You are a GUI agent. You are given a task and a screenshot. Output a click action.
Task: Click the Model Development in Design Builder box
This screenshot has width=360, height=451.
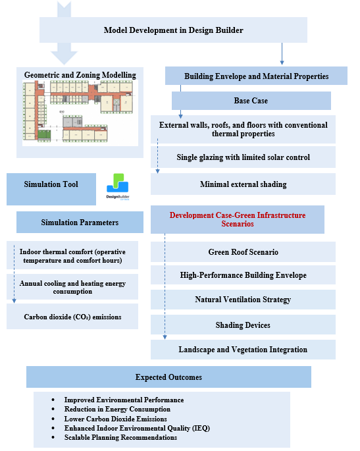coord(173,30)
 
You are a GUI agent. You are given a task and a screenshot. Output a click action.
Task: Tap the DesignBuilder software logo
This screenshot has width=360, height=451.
coord(118,186)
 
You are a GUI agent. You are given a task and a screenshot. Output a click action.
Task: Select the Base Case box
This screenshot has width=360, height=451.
coord(251,101)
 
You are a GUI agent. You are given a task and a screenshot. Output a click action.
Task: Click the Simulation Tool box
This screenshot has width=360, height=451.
coord(51,189)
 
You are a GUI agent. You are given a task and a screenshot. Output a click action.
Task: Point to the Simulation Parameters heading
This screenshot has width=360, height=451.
coord(80,223)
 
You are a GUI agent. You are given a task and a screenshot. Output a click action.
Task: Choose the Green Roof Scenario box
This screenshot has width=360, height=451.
coord(243,252)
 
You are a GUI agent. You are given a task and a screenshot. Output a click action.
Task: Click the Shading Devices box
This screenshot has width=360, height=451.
coord(243,325)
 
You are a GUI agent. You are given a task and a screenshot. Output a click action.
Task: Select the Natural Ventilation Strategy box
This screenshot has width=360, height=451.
coord(243,300)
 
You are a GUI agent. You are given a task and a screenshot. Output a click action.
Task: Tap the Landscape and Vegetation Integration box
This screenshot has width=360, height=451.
coord(243,350)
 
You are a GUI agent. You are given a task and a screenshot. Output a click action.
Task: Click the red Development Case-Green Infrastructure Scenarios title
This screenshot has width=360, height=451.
coord(238,219)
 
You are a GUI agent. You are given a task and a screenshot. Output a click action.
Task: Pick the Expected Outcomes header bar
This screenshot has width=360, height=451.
coord(168,377)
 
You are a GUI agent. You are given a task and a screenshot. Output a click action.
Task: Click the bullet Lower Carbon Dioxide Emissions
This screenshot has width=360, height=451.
coord(115,419)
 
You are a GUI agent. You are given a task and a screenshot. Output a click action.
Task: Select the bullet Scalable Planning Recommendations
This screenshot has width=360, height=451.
coord(120,437)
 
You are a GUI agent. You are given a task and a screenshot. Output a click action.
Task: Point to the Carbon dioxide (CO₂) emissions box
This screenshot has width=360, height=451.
coord(72,317)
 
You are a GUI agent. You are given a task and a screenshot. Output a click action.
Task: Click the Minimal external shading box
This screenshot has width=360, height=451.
coord(243,184)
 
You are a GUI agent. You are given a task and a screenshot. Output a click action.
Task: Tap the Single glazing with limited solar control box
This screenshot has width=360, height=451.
coord(243,157)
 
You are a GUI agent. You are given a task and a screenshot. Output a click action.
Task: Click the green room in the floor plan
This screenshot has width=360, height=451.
coord(44,135)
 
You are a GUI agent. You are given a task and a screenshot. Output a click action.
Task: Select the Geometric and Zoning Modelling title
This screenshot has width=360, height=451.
coord(80,75)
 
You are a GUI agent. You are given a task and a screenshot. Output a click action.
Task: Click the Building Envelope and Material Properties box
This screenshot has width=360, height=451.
coord(256,76)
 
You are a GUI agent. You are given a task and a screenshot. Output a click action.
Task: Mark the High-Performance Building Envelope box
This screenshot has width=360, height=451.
coord(243,275)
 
